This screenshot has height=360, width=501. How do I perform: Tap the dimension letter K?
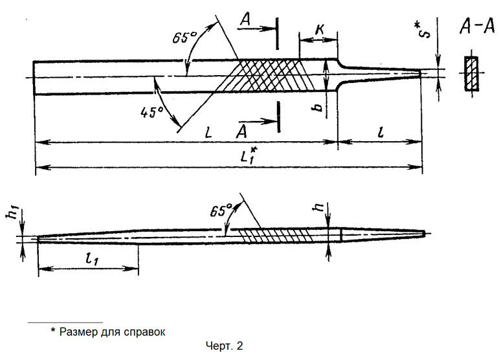pyautogui.click(x=318, y=30)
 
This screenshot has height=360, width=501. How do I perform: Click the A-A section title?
pyautogui.click(x=472, y=27)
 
